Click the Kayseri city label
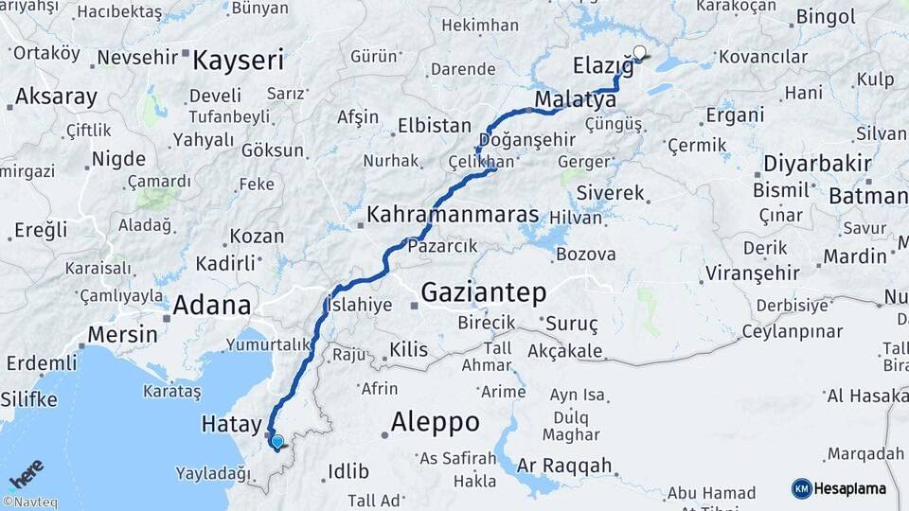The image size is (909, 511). (238, 62)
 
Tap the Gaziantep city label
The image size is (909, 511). (483, 292)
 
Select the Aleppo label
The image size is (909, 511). (435, 421)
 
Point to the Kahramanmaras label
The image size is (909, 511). (453, 214)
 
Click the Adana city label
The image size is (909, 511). (212, 306)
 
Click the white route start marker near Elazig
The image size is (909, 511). (640, 53)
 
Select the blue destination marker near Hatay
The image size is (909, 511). (276, 441)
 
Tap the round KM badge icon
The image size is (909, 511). (801, 488)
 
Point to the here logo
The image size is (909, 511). (27, 472)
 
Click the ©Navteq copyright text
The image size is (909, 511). (29, 502)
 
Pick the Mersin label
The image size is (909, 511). (122, 334)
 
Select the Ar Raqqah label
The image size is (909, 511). (564, 466)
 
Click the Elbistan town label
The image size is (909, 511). (434, 125)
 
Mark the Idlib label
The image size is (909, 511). (341, 471)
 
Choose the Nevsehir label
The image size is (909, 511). (137, 58)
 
